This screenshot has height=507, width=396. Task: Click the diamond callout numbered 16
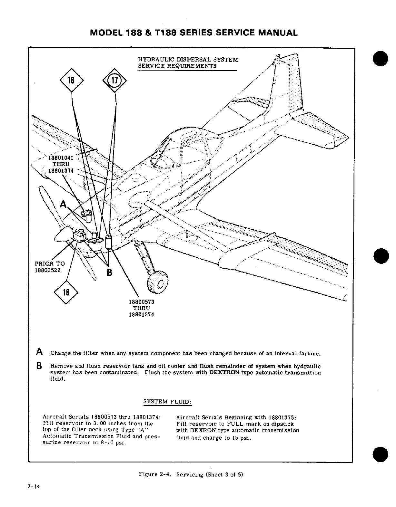pyautogui.click(x=71, y=80)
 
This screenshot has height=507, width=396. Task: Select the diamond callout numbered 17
pyautogui.click(x=115, y=80)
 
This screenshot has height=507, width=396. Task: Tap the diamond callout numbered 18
pyautogui.click(x=66, y=292)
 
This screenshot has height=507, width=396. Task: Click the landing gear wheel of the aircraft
pyautogui.click(x=158, y=282)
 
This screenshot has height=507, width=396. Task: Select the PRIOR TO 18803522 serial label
pyautogui.click(x=50, y=267)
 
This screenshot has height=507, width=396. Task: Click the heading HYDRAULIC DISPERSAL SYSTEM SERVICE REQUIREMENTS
pyautogui.click(x=188, y=63)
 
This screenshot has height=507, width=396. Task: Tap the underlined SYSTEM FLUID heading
pyautogui.click(x=167, y=402)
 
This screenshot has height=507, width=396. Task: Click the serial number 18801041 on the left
pyautogui.click(x=61, y=158)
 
